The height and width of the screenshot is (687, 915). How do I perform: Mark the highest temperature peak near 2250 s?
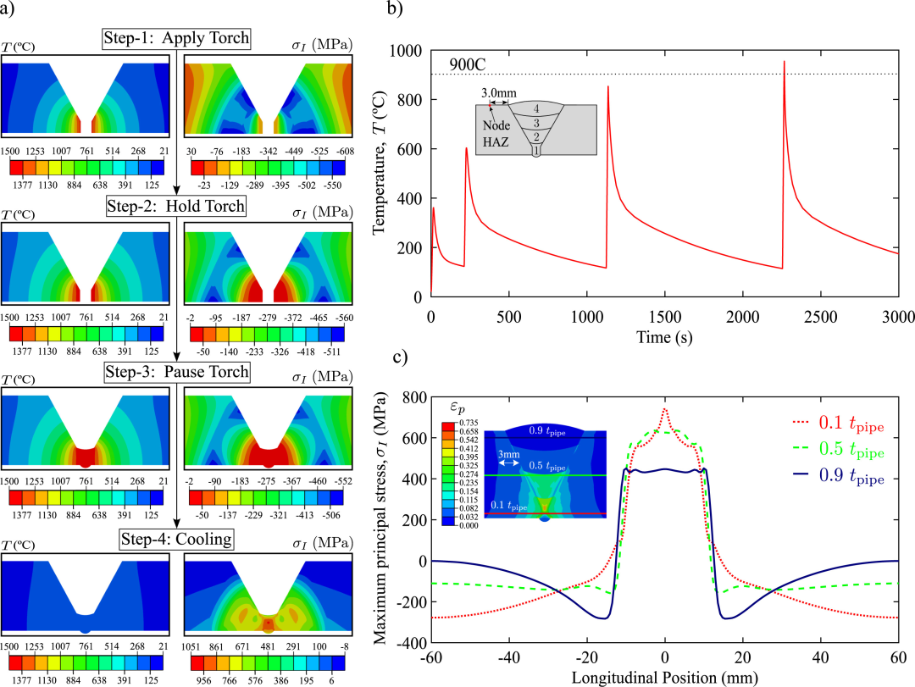[x=785, y=62]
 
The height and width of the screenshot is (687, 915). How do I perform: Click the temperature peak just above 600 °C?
[x=467, y=148]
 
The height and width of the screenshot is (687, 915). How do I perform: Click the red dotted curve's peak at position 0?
[x=665, y=409]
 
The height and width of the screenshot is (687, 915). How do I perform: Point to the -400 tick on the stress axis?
[x=413, y=644]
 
